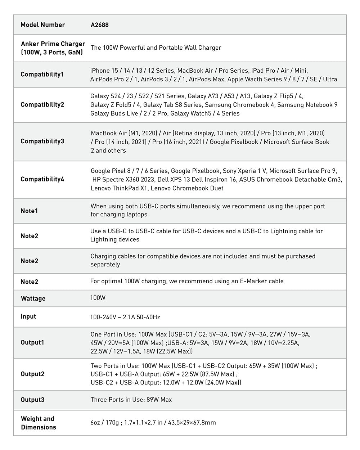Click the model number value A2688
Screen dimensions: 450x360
point(100,25)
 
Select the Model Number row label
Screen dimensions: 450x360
point(42,25)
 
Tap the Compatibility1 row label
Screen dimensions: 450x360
point(42,75)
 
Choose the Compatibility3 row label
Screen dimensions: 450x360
point(42,141)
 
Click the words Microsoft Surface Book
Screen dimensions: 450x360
point(296,142)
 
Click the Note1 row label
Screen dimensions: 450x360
point(29,211)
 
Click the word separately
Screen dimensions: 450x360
point(105,265)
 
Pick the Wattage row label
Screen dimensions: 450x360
point(33,298)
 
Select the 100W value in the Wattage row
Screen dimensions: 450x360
point(98,298)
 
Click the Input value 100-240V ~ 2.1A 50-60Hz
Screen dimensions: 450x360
point(125,317)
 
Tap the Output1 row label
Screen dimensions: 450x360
point(32,342)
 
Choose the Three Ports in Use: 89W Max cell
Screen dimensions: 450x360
point(131,400)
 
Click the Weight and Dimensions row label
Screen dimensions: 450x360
point(38,423)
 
